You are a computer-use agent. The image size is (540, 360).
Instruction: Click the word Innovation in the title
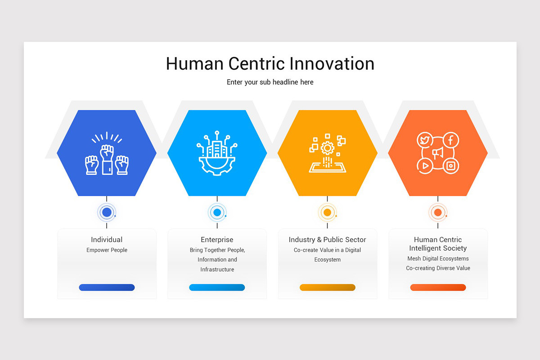pyautogui.click(x=332, y=63)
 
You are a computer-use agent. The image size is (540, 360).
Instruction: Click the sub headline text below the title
pyautogui.click(x=270, y=82)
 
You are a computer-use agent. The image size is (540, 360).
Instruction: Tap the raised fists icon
pyautogui.click(x=107, y=153)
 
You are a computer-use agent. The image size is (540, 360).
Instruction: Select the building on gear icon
pyautogui.click(x=217, y=153)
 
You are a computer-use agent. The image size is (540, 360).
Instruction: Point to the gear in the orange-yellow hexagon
pyautogui.click(x=328, y=148)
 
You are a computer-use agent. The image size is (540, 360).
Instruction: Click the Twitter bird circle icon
pyautogui.click(x=424, y=140)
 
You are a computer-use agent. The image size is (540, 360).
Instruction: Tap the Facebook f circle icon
pyautogui.click(x=451, y=140)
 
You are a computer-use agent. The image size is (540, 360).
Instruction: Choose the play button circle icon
pyautogui.click(x=425, y=166)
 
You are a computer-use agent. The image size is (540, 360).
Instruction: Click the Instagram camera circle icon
pyautogui.click(x=451, y=166)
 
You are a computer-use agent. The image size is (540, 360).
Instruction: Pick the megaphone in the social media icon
pyautogui.click(x=438, y=153)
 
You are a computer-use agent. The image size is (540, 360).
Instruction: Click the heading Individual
pyautogui.click(x=107, y=239)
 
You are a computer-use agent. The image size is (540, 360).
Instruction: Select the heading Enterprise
pyautogui.click(x=217, y=240)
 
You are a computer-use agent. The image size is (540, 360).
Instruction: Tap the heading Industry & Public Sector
pyautogui.click(x=328, y=239)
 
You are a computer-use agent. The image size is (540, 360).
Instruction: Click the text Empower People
pyautogui.click(x=107, y=250)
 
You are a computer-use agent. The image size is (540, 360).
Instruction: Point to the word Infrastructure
pyautogui.click(x=217, y=270)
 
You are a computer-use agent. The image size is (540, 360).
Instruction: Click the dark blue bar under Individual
pyautogui.click(x=107, y=288)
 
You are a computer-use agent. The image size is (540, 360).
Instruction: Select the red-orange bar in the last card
pyautogui.click(x=438, y=288)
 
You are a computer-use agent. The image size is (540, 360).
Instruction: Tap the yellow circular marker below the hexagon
pyautogui.click(x=328, y=212)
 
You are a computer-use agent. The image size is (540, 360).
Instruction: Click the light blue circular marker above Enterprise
pyautogui.click(x=217, y=212)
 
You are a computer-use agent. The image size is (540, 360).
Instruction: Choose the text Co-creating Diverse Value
pyautogui.click(x=438, y=268)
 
